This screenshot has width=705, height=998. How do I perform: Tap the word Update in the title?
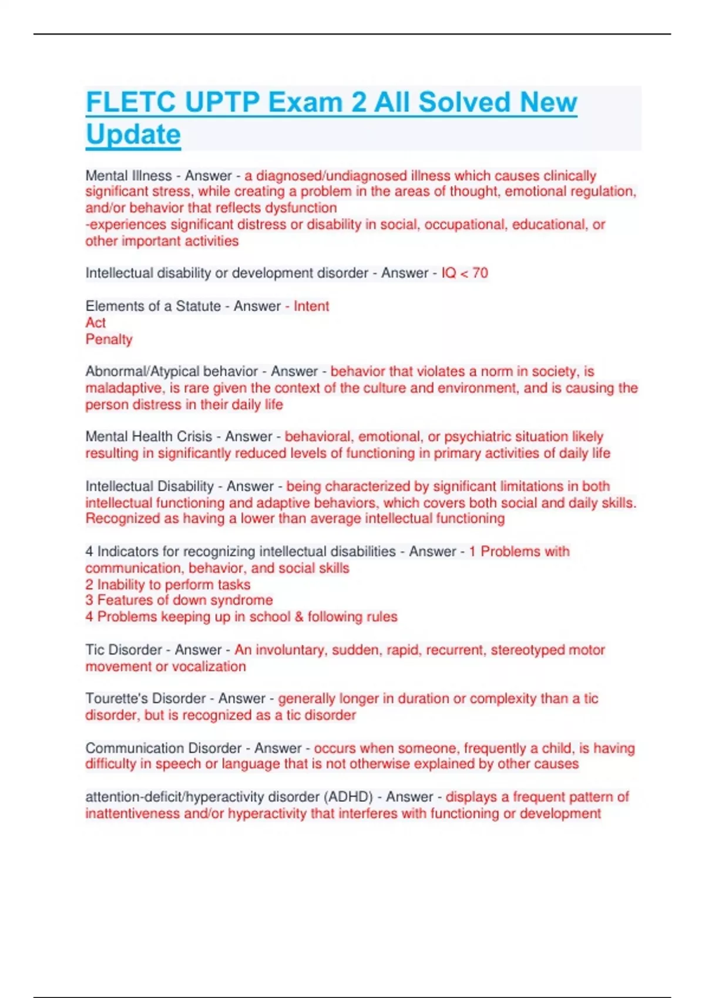click(x=133, y=134)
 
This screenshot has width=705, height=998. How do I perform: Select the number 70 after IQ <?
click(x=480, y=273)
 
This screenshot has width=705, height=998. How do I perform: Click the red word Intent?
click(x=311, y=306)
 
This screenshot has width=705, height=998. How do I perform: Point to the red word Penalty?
click(x=109, y=339)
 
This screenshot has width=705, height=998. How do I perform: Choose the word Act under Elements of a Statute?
click(x=96, y=323)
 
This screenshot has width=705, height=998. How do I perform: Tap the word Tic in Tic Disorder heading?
click(x=95, y=650)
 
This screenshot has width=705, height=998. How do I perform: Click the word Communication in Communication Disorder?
click(x=125, y=748)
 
